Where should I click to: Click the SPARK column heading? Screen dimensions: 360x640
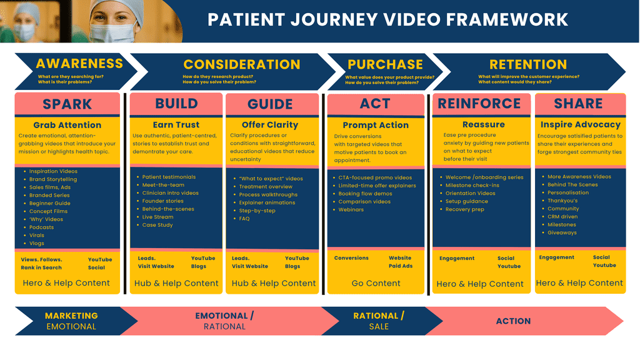click(67, 104)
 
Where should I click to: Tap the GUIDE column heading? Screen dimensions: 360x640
click(270, 104)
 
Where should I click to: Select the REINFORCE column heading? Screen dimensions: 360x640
click(479, 104)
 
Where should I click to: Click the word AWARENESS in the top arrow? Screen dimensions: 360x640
click(79, 63)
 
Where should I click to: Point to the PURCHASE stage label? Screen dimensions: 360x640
click(385, 64)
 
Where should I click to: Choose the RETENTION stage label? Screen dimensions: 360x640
click(528, 64)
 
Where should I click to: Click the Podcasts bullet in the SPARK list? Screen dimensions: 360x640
click(41, 227)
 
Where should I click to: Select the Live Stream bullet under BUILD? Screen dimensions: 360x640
click(157, 217)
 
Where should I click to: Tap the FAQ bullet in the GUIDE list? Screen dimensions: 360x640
click(244, 219)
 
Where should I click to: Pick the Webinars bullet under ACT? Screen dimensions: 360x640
click(351, 210)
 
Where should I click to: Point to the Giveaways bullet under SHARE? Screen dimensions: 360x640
click(562, 232)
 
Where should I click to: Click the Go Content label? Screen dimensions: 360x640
click(375, 283)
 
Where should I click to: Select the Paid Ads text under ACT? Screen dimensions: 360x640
click(400, 266)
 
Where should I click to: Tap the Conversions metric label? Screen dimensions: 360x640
click(351, 258)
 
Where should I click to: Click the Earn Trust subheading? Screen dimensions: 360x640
click(176, 125)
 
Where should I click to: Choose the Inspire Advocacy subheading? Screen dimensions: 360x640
click(580, 124)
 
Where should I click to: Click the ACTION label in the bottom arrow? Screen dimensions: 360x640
click(513, 321)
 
